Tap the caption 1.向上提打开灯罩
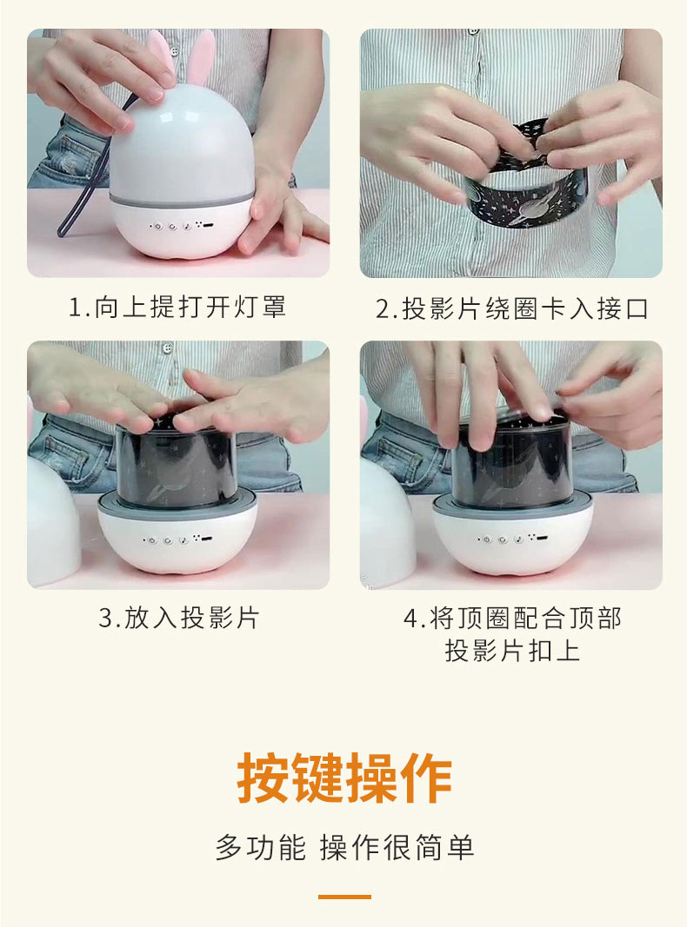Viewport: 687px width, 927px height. coord(177,307)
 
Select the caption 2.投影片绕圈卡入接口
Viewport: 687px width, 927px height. coord(512,308)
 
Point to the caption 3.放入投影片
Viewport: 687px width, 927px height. coord(178,618)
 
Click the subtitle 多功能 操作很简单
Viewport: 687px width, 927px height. coord(344,847)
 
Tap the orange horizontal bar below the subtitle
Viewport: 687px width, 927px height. coord(344,897)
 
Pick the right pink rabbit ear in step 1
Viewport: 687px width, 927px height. coord(201,57)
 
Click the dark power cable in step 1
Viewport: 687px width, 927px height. coord(89,171)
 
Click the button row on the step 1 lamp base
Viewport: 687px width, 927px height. coord(181,226)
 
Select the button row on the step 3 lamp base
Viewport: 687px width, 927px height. coord(177,540)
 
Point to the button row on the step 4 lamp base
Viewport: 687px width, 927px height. coord(512,539)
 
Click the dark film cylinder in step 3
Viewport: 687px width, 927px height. coord(176,464)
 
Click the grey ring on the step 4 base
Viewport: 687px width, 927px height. coord(512,507)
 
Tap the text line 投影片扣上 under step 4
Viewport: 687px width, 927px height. coord(512,651)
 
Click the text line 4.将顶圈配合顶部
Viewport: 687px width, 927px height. coord(512,619)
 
